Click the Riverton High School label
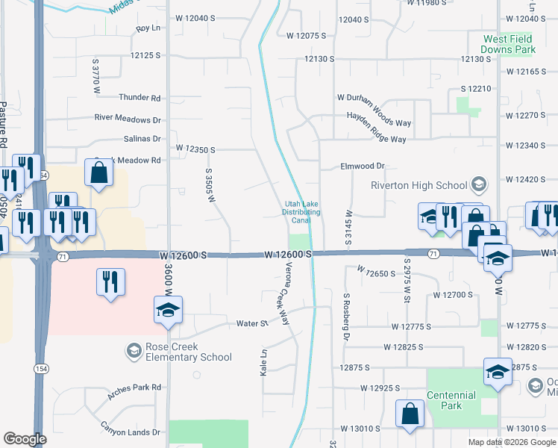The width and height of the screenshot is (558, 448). point(418,185)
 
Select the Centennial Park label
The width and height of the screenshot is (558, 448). point(451,400)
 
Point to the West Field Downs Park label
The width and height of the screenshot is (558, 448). point(509,44)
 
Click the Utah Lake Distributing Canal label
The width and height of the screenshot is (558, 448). point(301,212)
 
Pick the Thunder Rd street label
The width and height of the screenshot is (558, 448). point(139,98)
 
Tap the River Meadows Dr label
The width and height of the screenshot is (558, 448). point(128,119)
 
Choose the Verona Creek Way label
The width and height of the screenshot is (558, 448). point(281,297)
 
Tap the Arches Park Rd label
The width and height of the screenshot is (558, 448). point(134,388)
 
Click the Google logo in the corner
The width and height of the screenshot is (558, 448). point(24,440)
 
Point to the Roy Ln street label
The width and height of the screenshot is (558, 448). point(148,28)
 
